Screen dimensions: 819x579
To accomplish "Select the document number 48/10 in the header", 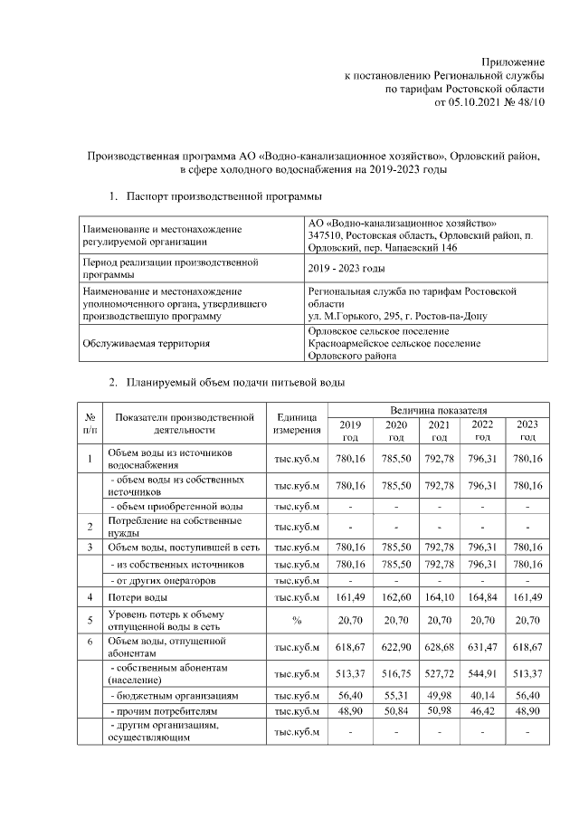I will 529,103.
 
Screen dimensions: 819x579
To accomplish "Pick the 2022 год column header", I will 482,430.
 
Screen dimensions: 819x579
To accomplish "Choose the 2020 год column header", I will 395,430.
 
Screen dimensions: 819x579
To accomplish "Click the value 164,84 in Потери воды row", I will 482,596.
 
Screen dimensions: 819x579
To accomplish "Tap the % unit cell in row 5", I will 295,622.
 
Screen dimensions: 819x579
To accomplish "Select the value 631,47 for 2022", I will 482,647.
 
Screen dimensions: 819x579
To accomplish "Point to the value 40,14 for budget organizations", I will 482,697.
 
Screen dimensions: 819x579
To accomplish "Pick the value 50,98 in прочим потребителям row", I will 439,712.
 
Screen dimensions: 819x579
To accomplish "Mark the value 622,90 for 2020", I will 395,647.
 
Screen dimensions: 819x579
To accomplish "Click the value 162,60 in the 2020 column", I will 395,596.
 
